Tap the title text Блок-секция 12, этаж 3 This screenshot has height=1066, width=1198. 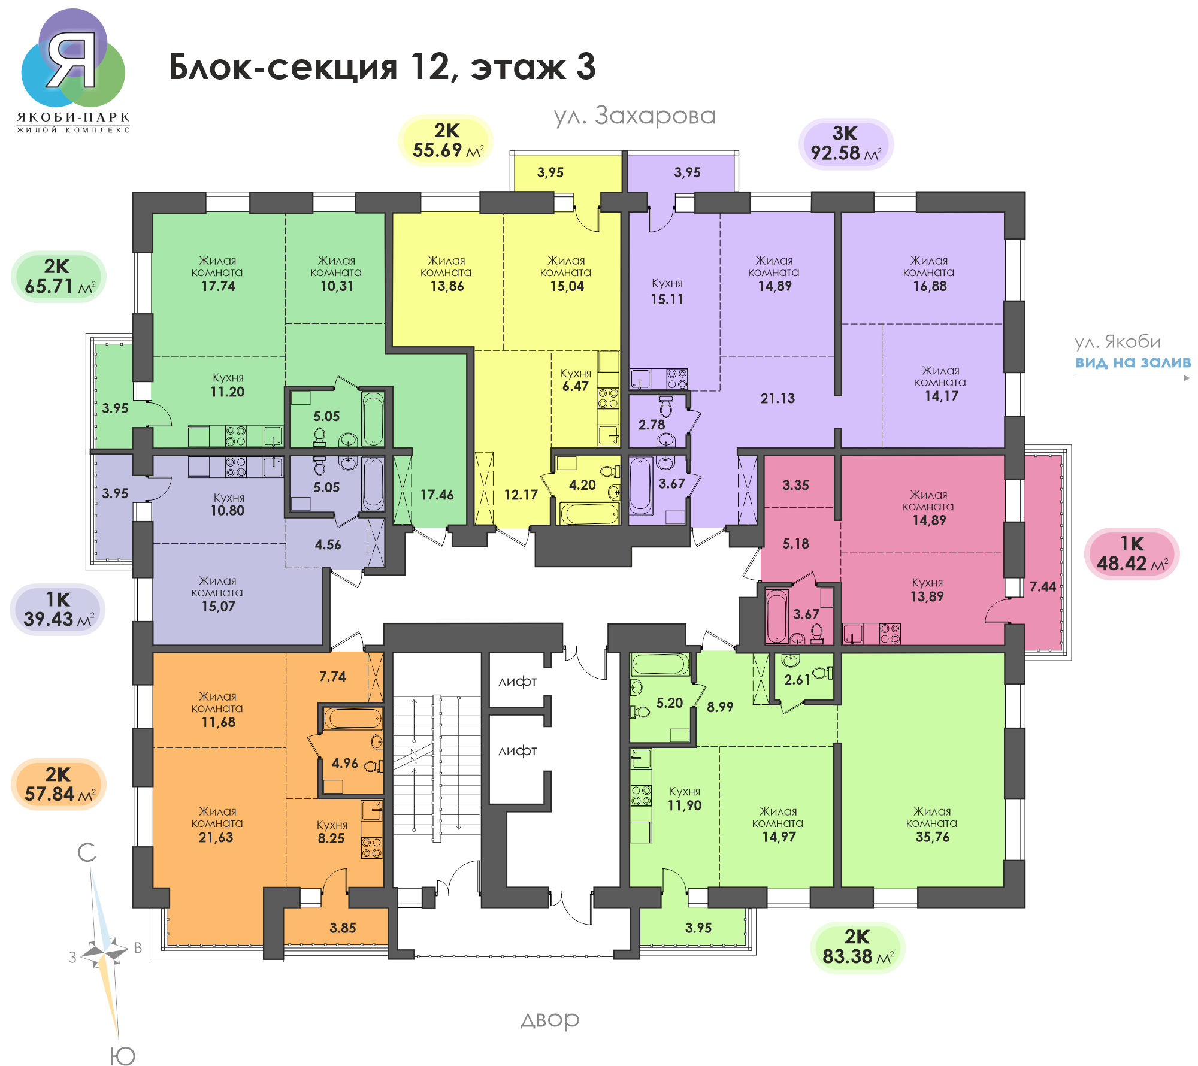click(x=382, y=66)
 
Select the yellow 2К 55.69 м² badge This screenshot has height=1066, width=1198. click(x=446, y=141)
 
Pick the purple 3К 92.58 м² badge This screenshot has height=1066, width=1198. click(x=846, y=144)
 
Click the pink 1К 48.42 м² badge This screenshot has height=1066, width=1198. click(x=1132, y=554)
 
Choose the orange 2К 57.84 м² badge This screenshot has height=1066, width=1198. click(x=59, y=785)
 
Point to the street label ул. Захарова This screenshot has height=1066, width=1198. click(x=634, y=116)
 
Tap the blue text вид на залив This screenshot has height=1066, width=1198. click(x=1133, y=362)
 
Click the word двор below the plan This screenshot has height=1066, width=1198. click(x=550, y=1020)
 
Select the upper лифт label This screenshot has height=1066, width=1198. click(x=518, y=682)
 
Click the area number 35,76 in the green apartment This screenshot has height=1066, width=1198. click(x=933, y=837)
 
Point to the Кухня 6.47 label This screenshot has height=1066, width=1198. click(x=576, y=380)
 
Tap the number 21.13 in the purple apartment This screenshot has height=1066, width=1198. click(x=778, y=398)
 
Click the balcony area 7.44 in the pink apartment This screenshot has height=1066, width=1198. click(x=1043, y=587)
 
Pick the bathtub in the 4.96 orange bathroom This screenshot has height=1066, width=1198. click(x=353, y=718)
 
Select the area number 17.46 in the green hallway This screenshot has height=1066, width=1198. click(x=437, y=495)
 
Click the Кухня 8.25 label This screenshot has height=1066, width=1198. click(x=332, y=832)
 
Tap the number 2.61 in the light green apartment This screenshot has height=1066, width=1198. click(x=797, y=680)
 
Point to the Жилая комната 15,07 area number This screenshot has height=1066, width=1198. click(x=218, y=607)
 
